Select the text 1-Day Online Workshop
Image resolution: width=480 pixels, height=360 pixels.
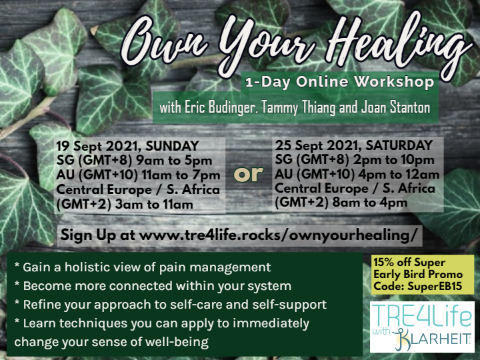pos(340,82)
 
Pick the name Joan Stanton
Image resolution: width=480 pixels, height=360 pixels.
pos(395,107)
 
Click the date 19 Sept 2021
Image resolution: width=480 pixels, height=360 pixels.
pos(98,146)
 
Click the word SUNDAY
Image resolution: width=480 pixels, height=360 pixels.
pos(173,146)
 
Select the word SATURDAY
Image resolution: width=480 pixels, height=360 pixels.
pos(399,145)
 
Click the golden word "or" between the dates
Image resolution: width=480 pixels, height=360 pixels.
pos(248,174)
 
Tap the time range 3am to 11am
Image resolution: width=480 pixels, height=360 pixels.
pos(154,204)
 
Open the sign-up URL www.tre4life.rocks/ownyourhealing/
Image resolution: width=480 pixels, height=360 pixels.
pos(278,235)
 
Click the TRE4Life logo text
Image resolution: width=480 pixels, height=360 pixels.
pos(422,315)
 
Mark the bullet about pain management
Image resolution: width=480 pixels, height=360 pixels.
pos(143,267)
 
